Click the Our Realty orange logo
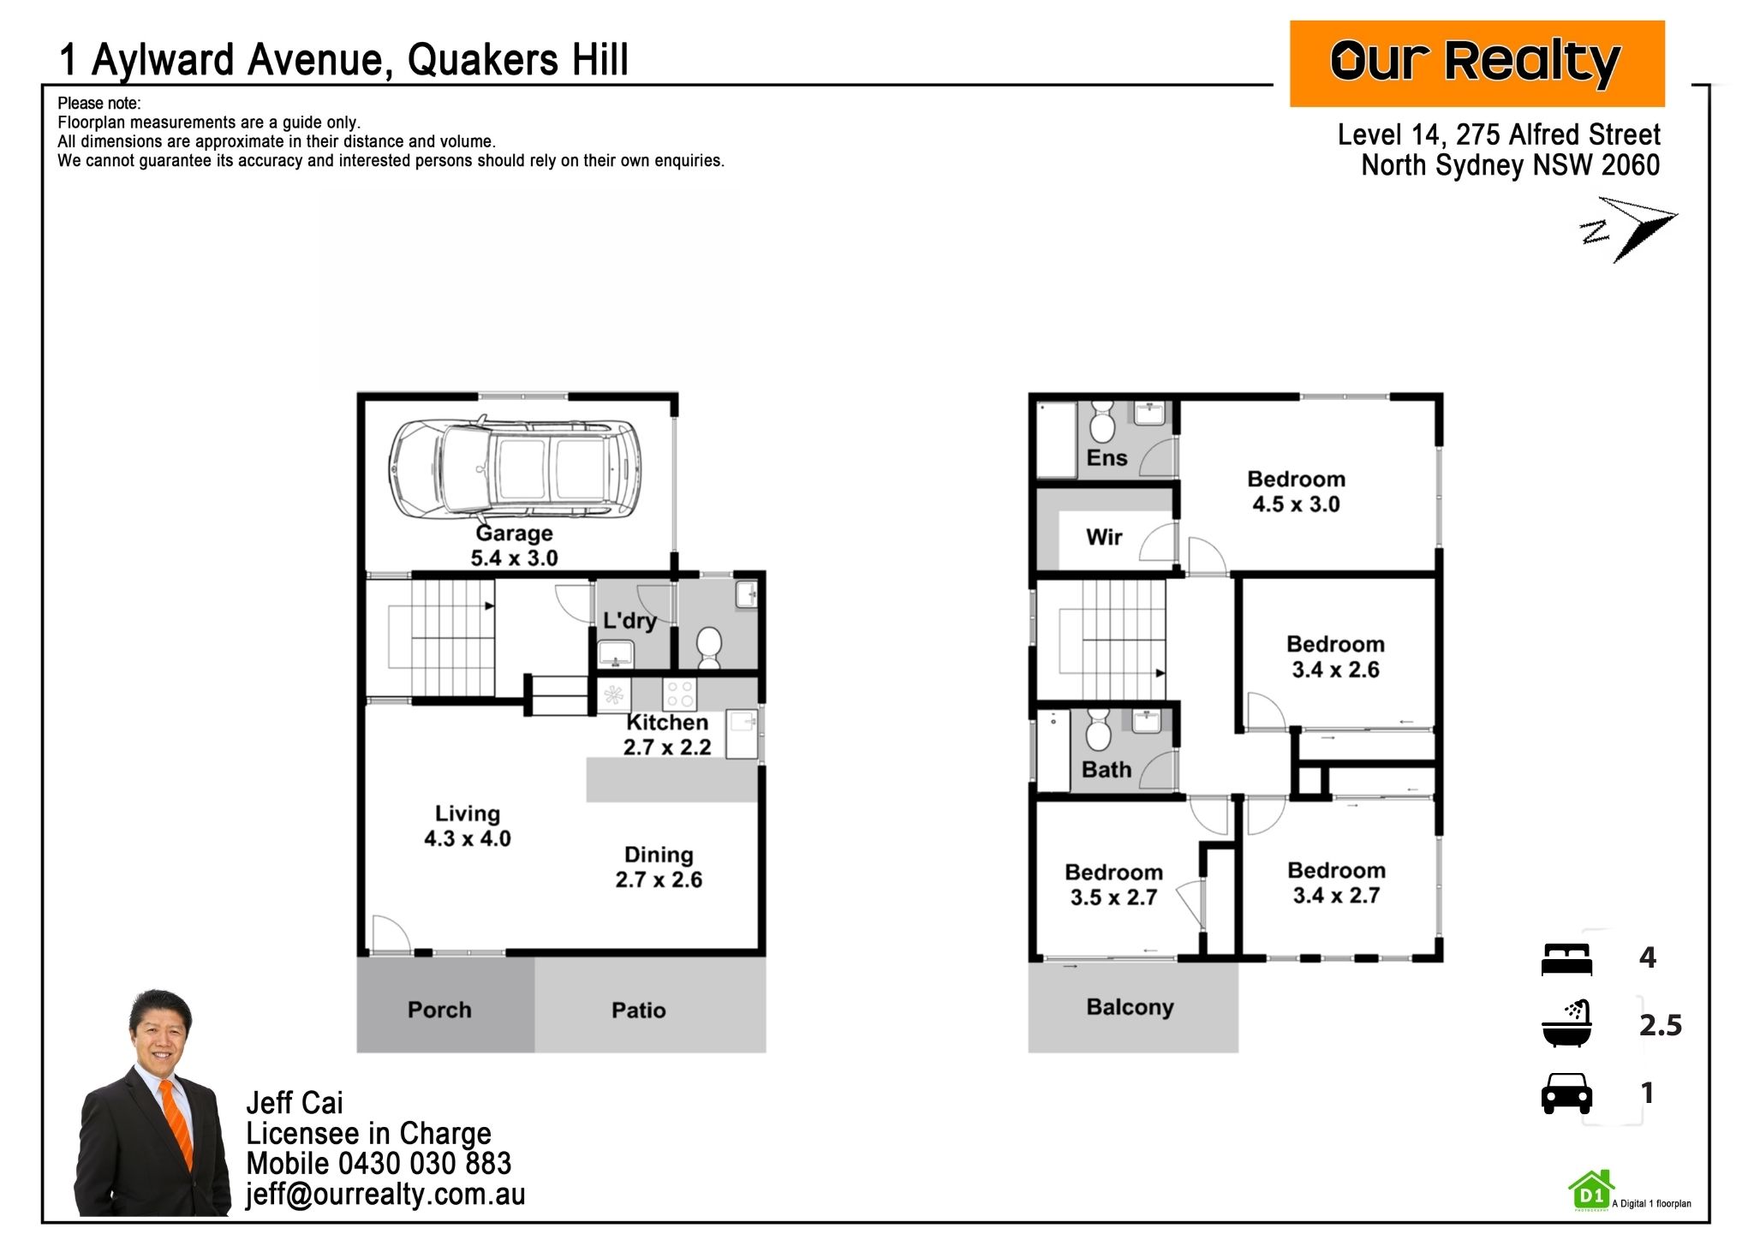tap(1477, 63)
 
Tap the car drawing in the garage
tap(515, 468)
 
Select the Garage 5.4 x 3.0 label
tap(514, 545)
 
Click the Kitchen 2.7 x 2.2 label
tap(667, 735)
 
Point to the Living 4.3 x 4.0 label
tap(468, 826)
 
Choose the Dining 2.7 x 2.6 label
tap(659, 867)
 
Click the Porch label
tap(439, 1010)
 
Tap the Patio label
tap(639, 1010)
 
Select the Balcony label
tap(1130, 1008)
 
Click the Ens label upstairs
tap(1107, 458)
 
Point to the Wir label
tap(1104, 538)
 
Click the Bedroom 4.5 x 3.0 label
tap(1296, 492)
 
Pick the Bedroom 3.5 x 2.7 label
tap(1113, 885)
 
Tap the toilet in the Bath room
tap(1098, 730)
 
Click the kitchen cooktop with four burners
tap(680, 695)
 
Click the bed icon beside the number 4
tap(1566, 959)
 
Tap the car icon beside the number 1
tap(1566, 1094)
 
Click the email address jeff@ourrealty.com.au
tap(385, 1195)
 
